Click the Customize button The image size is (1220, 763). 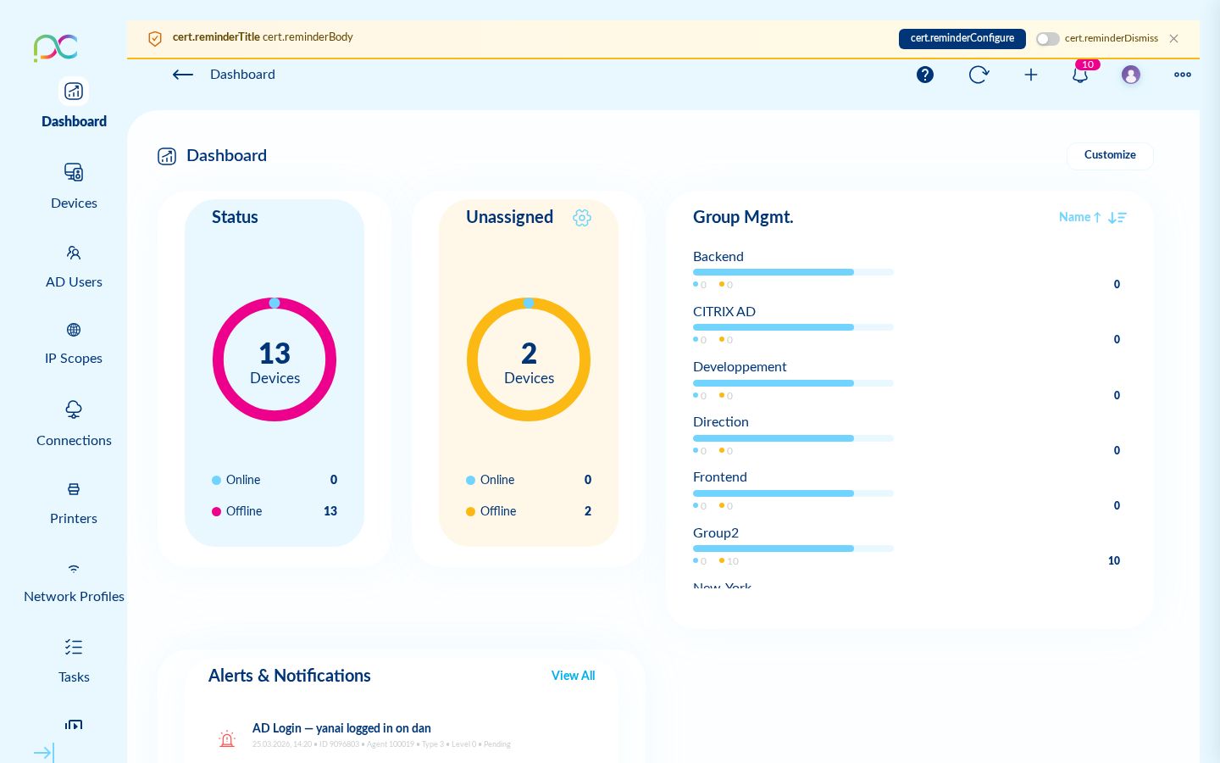pos(1110,155)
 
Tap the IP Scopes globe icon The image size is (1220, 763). pos(74,330)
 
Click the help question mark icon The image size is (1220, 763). pos(925,75)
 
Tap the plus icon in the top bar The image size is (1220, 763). pos(1031,75)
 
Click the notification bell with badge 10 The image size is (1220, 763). pos(1080,75)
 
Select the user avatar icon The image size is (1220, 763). pos(1131,75)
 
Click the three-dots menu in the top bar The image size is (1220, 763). pos(1183,75)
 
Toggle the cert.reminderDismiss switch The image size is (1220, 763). pos(1048,39)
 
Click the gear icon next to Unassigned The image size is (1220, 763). pos(582,218)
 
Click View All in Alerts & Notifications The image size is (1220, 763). pos(573,676)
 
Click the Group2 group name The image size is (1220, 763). pos(716,532)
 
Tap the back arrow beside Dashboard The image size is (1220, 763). pos(183,75)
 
